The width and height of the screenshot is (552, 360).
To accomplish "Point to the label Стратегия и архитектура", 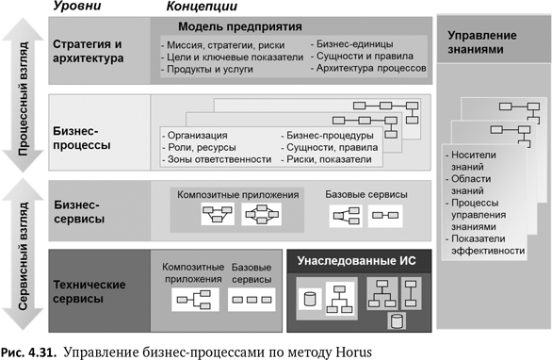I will (89, 51).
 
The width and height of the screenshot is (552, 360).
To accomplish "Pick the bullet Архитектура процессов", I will (371, 69).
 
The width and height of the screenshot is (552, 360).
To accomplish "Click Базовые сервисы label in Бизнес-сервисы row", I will (366, 194).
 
